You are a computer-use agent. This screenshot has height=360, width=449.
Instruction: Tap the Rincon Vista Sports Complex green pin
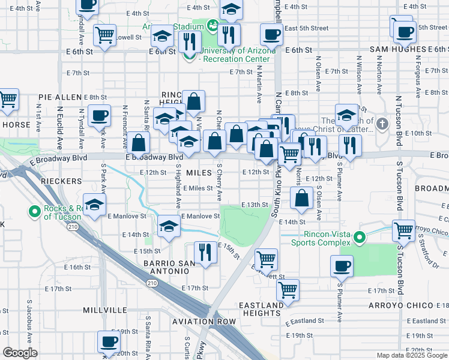[x=360, y=238]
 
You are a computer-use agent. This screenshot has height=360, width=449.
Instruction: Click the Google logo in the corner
[x=19, y=353]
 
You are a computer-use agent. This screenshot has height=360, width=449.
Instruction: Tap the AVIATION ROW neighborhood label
[x=203, y=322]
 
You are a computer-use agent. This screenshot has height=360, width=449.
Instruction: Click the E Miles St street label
[x=198, y=188]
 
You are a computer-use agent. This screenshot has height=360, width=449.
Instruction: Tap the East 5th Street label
[x=306, y=28]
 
